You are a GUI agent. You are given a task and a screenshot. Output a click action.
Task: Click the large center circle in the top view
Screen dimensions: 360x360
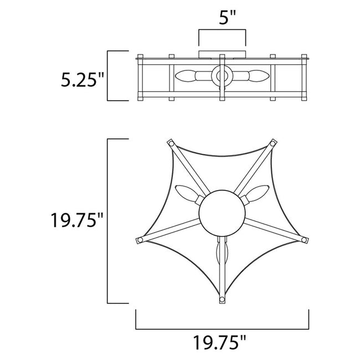220,213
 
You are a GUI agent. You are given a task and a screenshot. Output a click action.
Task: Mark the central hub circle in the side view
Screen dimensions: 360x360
222,76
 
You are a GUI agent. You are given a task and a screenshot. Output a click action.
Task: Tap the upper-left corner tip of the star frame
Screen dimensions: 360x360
171,143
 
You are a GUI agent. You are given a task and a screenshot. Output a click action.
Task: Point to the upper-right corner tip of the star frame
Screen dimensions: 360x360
274,143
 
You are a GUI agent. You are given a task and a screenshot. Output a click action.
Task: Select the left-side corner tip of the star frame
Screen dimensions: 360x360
139,240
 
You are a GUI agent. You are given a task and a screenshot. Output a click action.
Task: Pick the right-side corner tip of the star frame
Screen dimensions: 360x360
305,240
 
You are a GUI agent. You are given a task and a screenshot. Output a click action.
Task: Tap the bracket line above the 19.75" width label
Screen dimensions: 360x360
222,326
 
